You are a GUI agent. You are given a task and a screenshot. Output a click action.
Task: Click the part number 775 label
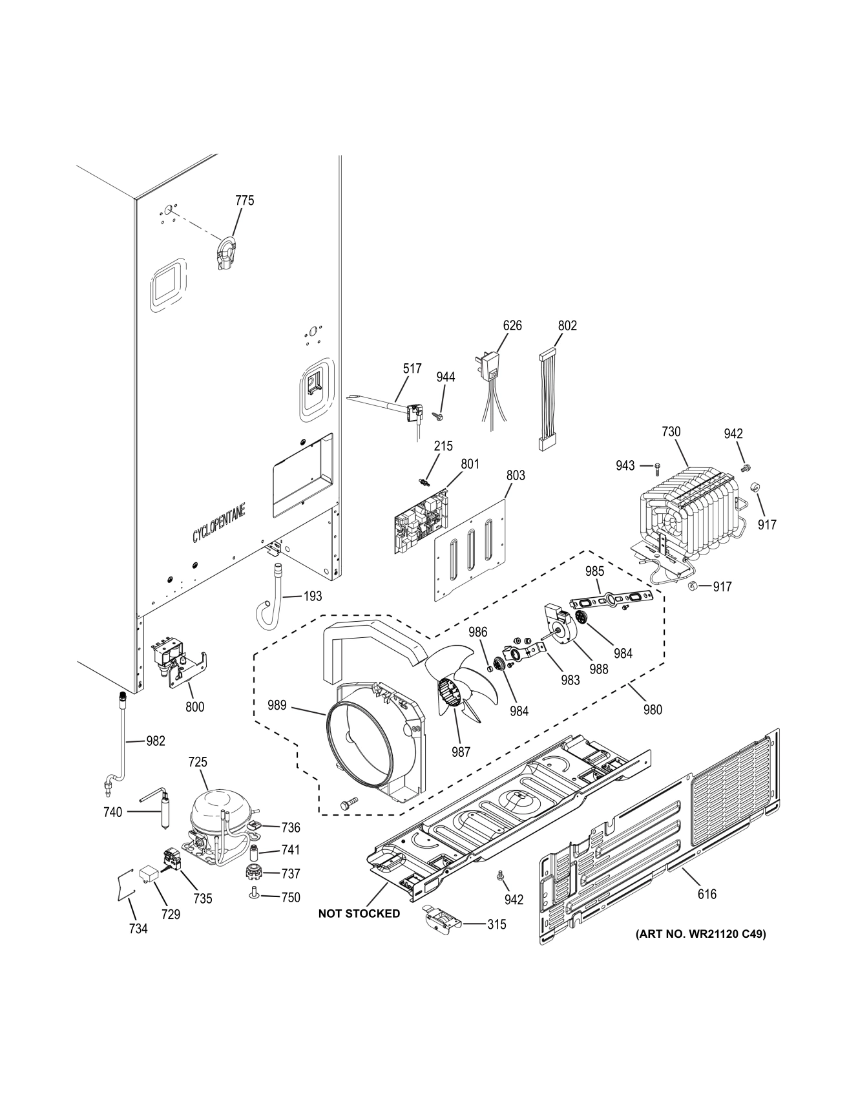coord(244,201)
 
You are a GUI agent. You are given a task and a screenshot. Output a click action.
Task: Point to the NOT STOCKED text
coord(359,914)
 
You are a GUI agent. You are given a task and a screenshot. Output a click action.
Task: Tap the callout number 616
coord(707,894)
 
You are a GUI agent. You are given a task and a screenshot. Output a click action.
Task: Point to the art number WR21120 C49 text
coord(701,934)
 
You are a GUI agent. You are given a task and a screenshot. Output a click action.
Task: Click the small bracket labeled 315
coord(443,918)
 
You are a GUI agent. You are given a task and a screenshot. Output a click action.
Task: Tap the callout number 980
coord(653,710)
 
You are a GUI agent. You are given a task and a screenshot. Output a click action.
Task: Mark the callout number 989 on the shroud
coord(277,705)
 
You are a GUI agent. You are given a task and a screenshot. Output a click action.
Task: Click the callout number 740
coord(112,812)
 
